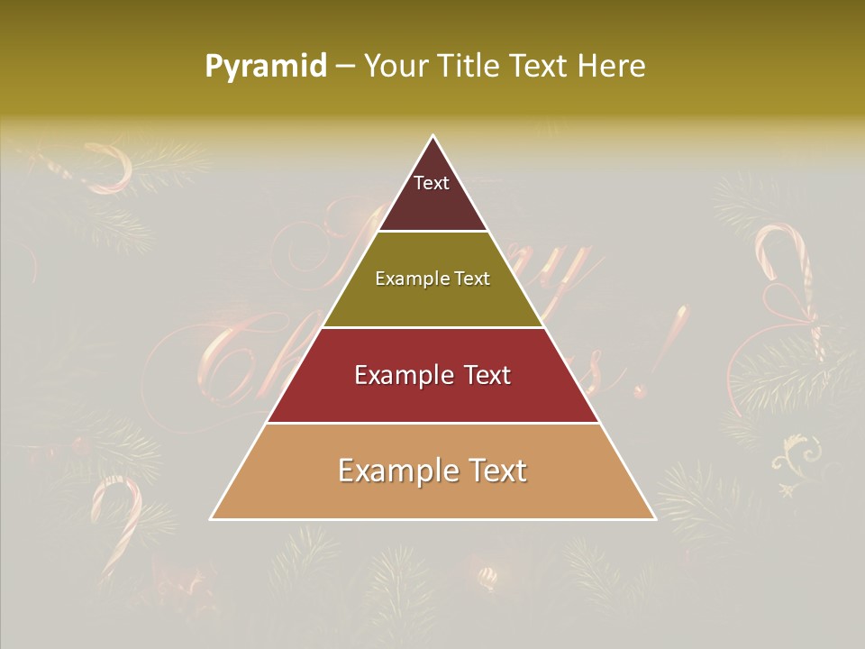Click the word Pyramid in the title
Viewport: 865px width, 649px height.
coord(266,67)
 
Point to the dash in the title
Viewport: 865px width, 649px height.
coord(345,67)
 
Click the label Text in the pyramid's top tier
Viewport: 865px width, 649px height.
coord(432,183)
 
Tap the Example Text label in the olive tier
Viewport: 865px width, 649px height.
coord(432,279)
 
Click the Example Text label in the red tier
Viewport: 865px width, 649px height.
coord(432,375)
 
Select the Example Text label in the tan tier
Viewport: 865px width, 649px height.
coord(432,471)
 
